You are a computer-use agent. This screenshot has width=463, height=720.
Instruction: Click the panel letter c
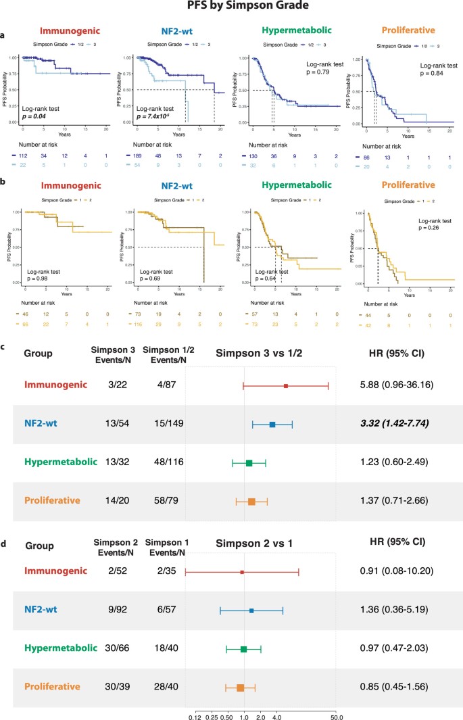click(5, 346)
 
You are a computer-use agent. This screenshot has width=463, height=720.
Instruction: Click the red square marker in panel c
click(286, 386)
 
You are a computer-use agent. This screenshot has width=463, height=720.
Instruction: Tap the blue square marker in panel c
click(272, 425)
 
